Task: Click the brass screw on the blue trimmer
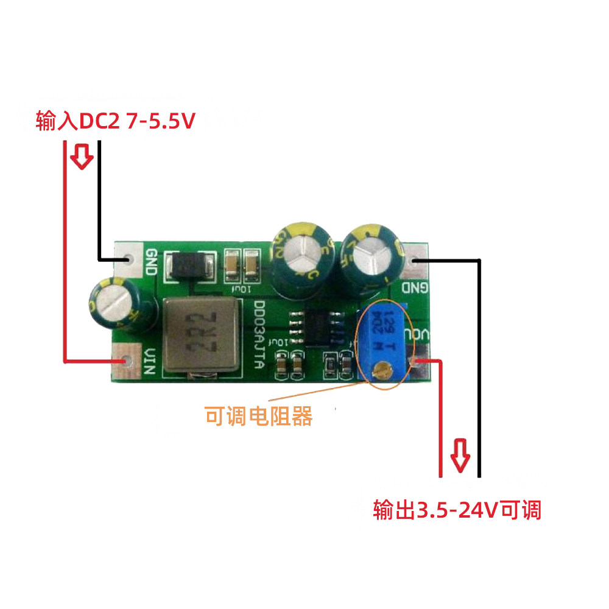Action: [382, 368]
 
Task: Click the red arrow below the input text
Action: [82, 157]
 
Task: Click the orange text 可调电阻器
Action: [259, 417]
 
